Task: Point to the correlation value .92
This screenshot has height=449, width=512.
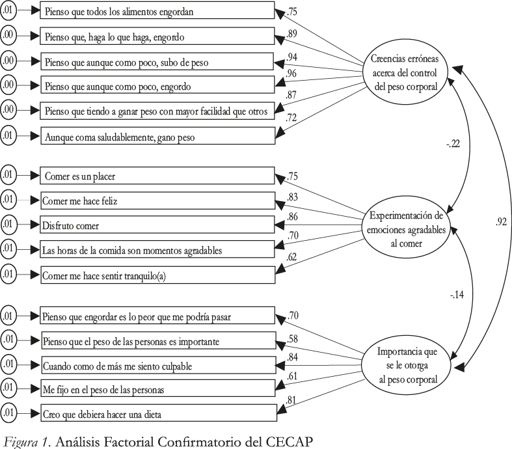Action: [x=501, y=222]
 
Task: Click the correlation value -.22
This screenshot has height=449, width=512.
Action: [x=453, y=144]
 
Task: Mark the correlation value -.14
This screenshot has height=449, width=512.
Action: [x=457, y=295]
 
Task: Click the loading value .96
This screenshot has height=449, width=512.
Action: [x=291, y=73]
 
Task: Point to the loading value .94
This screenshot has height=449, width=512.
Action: [x=291, y=57]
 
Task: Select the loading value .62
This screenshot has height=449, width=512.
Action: [x=291, y=257]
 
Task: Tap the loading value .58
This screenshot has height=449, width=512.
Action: [x=292, y=339]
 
